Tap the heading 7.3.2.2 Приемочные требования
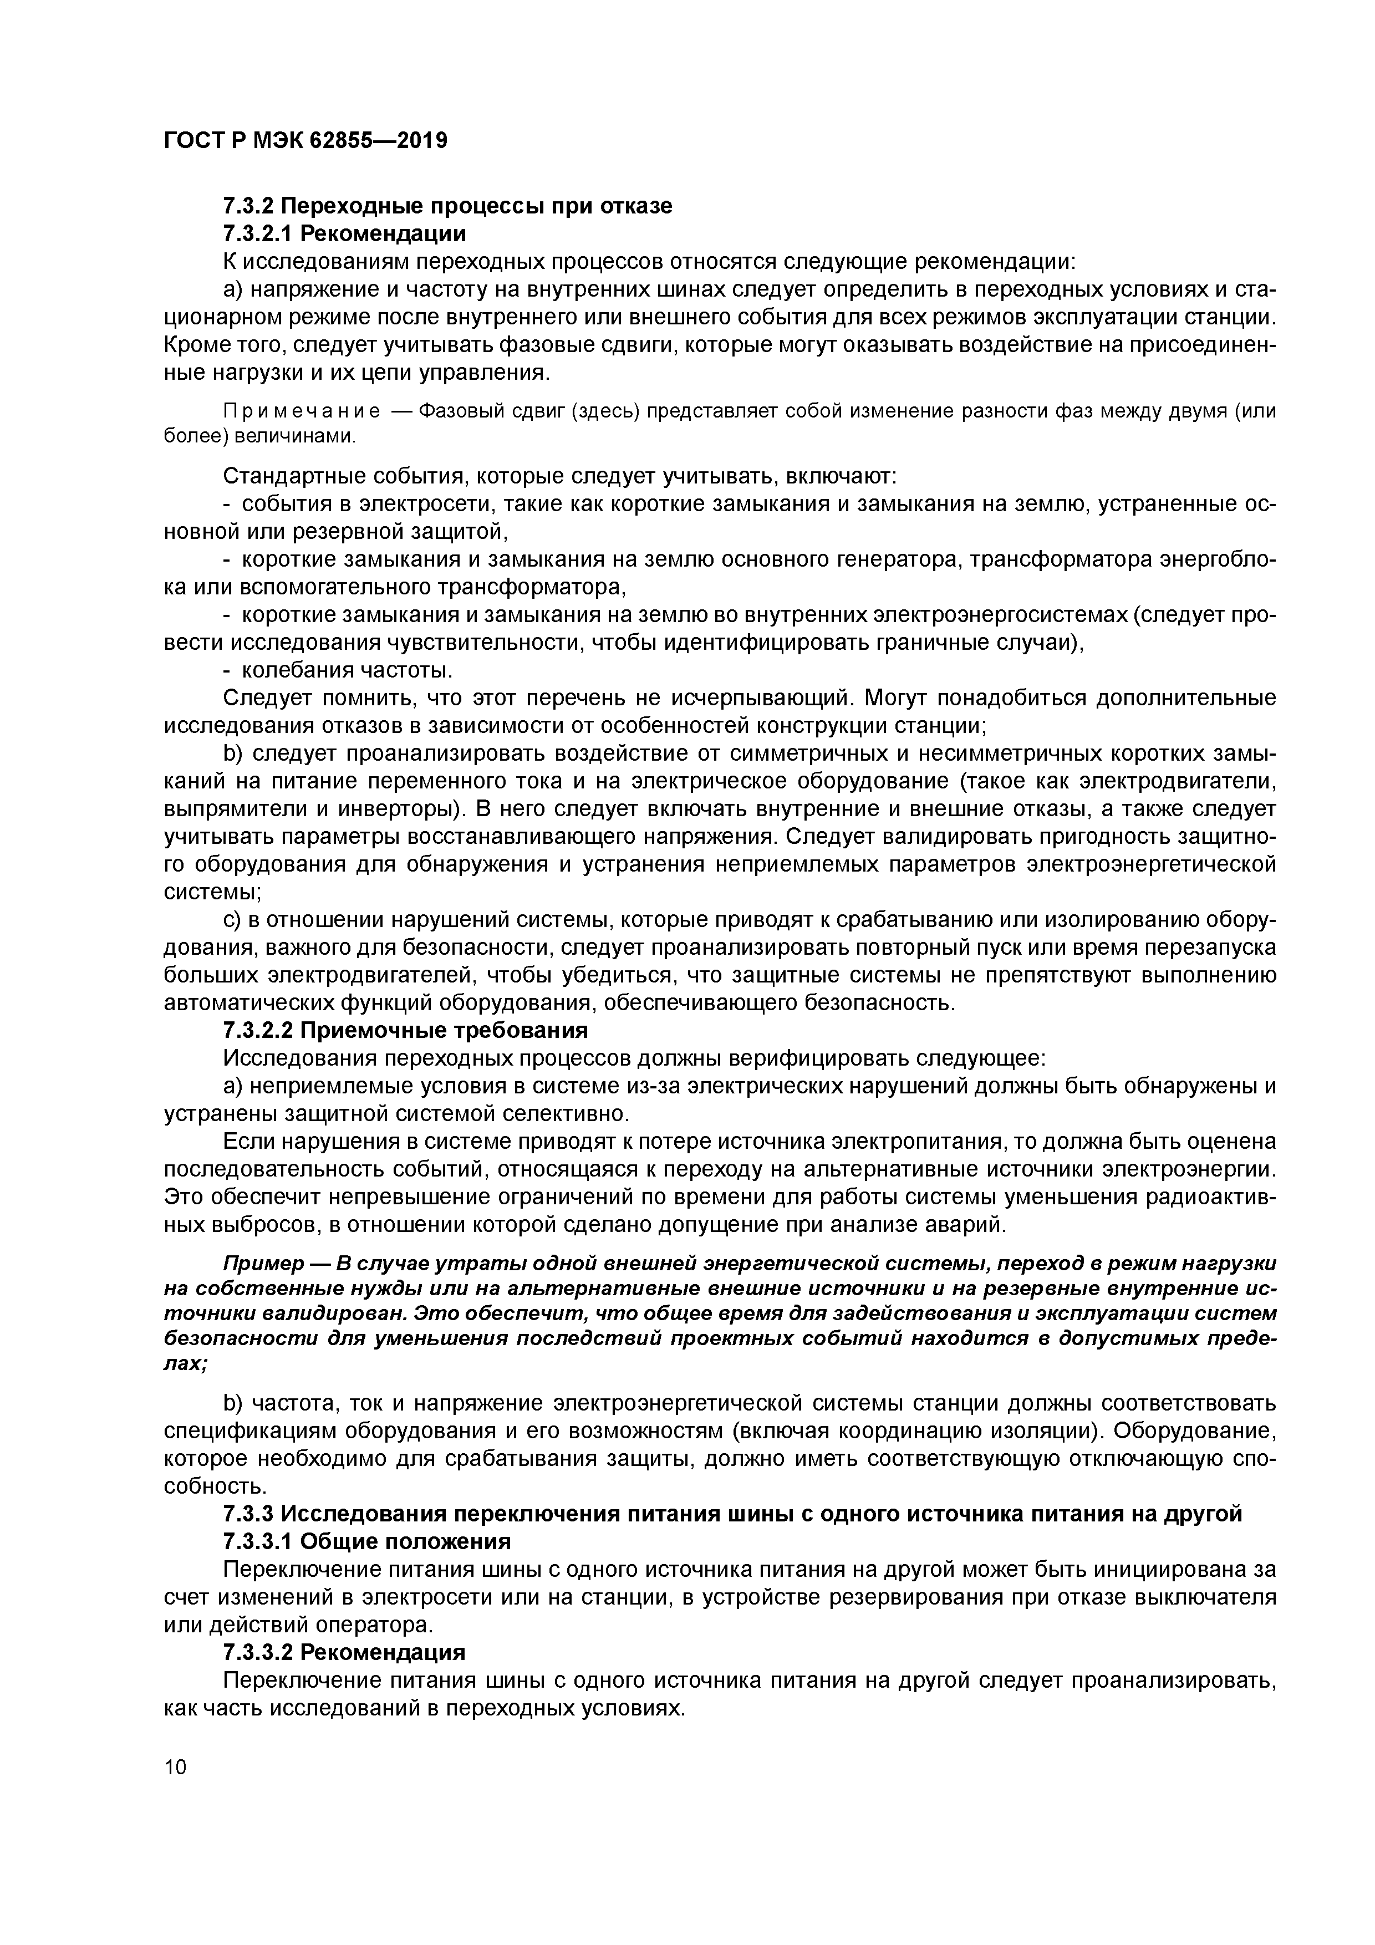[405, 1031]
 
